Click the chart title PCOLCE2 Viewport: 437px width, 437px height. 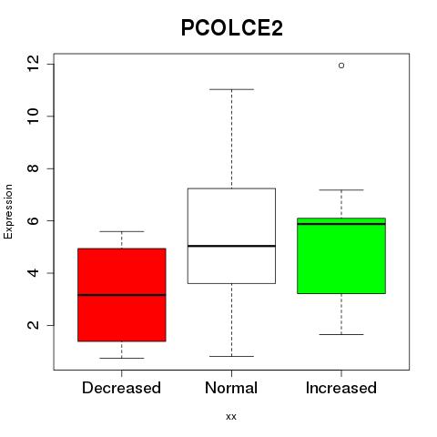click(232, 28)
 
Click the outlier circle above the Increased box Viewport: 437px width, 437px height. click(341, 66)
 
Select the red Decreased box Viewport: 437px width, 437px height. click(122, 295)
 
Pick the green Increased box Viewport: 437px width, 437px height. click(341, 256)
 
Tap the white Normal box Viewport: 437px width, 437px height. click(231, 236)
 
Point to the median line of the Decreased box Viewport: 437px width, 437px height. click(122, 295)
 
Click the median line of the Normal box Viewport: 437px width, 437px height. click(231, 246)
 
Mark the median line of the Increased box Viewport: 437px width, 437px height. click(341, 224)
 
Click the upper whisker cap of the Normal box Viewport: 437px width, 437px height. click(231, 89)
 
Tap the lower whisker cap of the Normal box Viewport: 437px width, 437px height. click(231, 356)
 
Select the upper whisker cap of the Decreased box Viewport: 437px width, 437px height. click(122, 231)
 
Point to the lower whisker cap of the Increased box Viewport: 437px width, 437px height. click(341, 334)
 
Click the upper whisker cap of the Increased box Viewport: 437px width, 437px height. click(341, 190)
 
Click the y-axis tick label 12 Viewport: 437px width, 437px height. click(34, 64)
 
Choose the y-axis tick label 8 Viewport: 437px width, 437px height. click(34, 168)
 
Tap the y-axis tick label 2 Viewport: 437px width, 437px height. click(34, 325)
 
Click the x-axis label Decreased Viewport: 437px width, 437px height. click(121, 388)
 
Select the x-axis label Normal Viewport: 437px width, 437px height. click(231, 388)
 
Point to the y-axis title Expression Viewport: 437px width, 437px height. click(8, 211)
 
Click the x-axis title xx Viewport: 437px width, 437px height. click(231, 417)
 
